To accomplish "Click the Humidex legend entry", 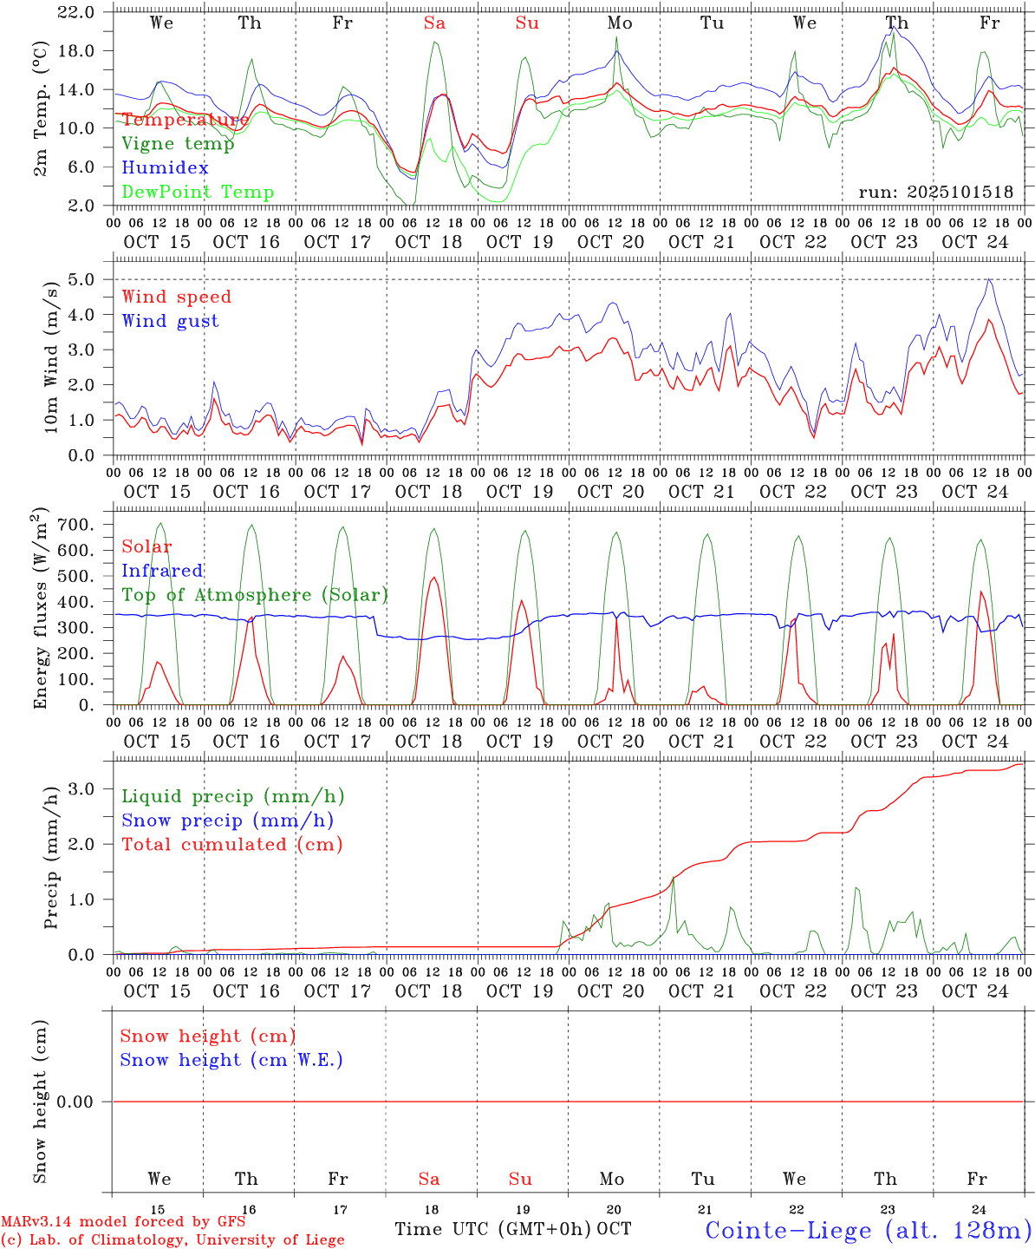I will pyautogui.click(x=165, y=167).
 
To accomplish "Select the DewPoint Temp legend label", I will pyautogui.click(x=198, y=192).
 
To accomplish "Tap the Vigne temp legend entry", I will pyautogui.click(x=178, y=143).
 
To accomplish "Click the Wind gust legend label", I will pyautogui.click(x=170, y=321).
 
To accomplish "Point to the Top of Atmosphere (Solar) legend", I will pyautogui.click(x=255, y=594).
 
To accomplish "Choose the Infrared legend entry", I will pyautogui.click(x=162, y=570).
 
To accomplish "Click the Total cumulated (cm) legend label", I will pyautogui.click(x=232, y=844).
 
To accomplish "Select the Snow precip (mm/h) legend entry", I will pyautogui.click(x=227, y=820).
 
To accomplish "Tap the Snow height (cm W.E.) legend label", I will pyautogui.click(x=231, y=1059).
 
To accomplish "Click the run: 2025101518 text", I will pyautogui.click(x=935, y=192).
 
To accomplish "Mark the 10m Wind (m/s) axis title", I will pyautogui.click(x=52, y=356).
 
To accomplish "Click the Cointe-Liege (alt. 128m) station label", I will pyautogui.click(x=868, y=1230).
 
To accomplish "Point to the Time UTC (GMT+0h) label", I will pyautogui.click(x=493, y=1229).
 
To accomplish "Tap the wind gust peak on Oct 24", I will pyautogui.click(x=989, y=279).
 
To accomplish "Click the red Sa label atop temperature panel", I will pyautogui.click(x=434, y=23).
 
